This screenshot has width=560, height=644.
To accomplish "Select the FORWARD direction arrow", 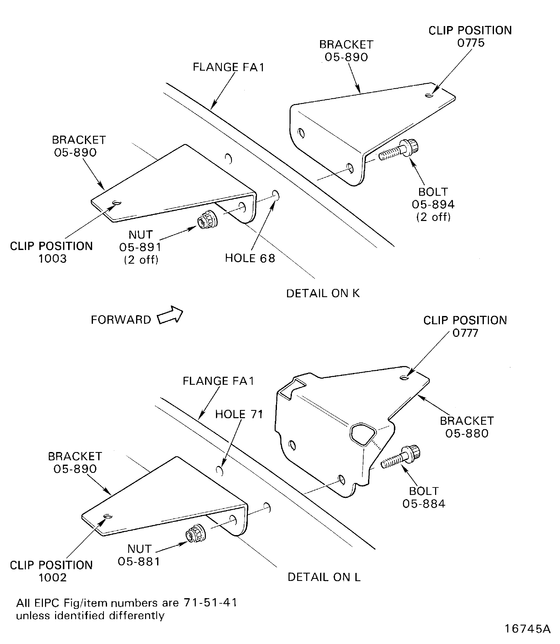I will (x=170, y=315).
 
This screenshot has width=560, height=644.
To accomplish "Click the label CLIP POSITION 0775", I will (x=470, y=36).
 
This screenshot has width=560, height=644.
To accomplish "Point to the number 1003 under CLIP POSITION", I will (x=53, y=259).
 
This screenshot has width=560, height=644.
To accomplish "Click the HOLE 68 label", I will (x=250, y=258).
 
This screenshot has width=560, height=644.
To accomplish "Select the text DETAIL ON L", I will (x=324, y=577).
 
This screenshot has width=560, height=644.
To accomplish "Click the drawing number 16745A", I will (x=527, y=629).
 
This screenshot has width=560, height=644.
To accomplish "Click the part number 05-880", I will (x=467, y=433).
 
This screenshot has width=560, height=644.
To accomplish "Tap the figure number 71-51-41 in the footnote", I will (x=210, y=602).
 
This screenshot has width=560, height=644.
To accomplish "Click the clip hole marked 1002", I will (x=108, y=516).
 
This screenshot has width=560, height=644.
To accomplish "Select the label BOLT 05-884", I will (x=424, y=497).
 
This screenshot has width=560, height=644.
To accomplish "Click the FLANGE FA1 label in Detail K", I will (x=228, y=67).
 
